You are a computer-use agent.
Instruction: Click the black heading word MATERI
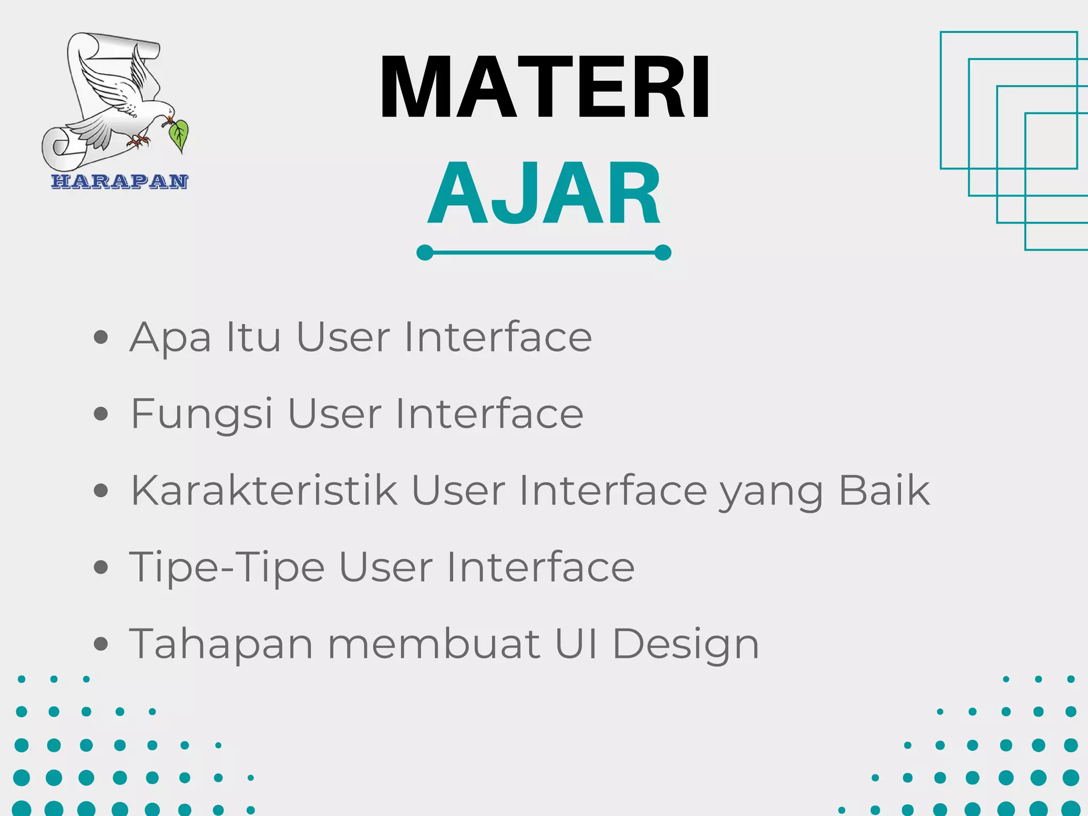click(545, 87)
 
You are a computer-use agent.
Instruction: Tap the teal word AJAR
click(545, 194)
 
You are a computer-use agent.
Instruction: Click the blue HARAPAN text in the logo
click(120, 181)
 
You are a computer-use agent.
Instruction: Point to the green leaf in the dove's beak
click(179, 135)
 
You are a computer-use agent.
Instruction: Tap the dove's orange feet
click(139, 141)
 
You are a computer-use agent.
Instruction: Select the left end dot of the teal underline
click(425, 252)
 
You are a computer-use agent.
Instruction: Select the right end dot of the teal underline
click(663, 252)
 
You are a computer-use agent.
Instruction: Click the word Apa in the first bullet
click(171, 338)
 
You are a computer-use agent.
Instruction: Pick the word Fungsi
click(201, 414)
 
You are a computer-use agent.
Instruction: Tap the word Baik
click(884, 490)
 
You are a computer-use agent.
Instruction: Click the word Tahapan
click(221, 644)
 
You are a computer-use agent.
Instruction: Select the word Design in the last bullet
click(686, 644)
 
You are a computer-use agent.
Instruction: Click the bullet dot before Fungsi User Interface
click(100, 414)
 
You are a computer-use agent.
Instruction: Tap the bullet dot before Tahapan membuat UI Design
click(100, 644)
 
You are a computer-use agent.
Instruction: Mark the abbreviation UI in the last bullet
click(576, 643)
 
